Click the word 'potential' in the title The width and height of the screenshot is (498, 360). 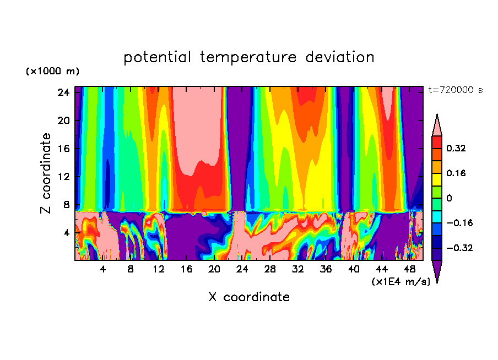tap(158, 57)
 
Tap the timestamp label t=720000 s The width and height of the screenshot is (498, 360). tap(455, 90)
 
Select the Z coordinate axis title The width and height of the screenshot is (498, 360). tap(46, 173)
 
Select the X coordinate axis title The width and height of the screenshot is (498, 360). tap(249, 297)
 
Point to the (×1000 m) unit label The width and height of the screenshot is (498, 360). tap(52, 72)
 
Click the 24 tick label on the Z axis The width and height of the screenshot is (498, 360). tap(63, 92)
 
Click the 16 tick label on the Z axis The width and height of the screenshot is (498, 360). tap(63, 149)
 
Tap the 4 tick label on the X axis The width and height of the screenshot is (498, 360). tap(102, 270)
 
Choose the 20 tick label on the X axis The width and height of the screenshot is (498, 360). tap(214, 270)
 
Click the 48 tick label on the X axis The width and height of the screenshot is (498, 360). tap(409, 270)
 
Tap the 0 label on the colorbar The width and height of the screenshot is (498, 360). tap(450, 198)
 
